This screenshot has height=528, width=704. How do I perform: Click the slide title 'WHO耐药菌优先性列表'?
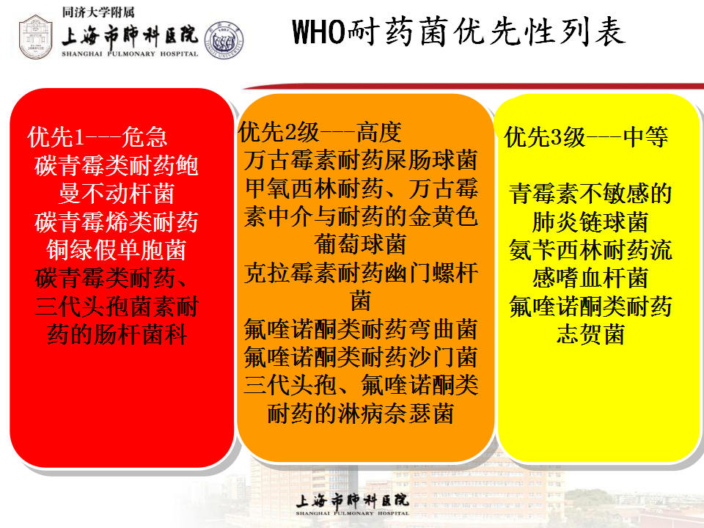click(458, 32)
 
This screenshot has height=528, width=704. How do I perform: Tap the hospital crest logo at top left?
click(36, 37)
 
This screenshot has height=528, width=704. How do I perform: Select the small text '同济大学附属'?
click(98, 12)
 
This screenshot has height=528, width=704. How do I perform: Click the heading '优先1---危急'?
click(97, 137)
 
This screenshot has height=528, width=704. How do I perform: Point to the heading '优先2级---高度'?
click(320, 132)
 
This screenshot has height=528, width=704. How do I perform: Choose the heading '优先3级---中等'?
click(586, 137)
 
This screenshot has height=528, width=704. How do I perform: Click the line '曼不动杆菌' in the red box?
click(117, 194)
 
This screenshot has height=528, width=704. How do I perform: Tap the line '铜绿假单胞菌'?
click(117, 250)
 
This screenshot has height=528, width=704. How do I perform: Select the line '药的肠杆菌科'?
click(117, 334)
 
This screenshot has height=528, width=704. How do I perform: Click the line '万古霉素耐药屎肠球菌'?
click(361, 161)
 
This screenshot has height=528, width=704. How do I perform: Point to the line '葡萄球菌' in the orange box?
click(361, 245)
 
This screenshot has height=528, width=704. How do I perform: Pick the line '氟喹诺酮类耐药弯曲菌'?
click(361, 329)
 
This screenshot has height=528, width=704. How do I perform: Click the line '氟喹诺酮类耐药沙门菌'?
click(361, 357)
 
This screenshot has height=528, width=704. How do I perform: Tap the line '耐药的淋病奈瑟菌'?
click(361, 414)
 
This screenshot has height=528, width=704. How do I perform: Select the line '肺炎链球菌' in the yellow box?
click(590, 221)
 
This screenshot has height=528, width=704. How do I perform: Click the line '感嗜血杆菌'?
click(590, 279)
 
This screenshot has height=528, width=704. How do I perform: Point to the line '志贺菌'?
click(590, 334)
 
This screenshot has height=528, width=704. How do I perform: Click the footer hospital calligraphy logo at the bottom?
click(353, 504)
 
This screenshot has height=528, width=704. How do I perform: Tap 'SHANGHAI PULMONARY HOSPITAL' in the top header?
click(130, 54)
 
